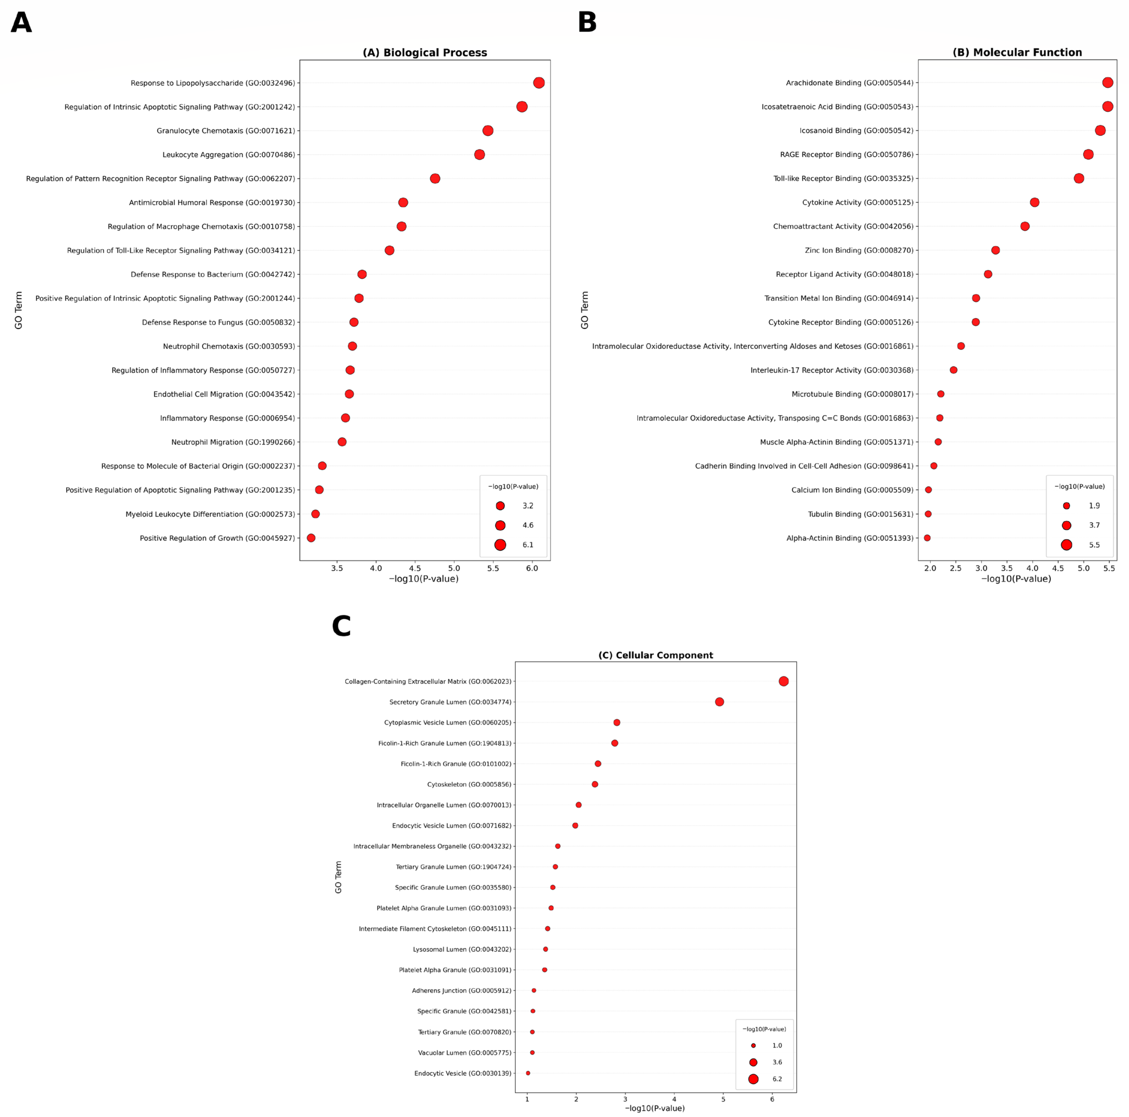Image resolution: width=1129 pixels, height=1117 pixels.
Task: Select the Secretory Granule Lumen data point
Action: [719, 702]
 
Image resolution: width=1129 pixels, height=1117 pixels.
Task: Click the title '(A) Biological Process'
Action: [425, 52]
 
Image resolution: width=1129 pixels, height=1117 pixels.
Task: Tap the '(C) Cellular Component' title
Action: [656, 655]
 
